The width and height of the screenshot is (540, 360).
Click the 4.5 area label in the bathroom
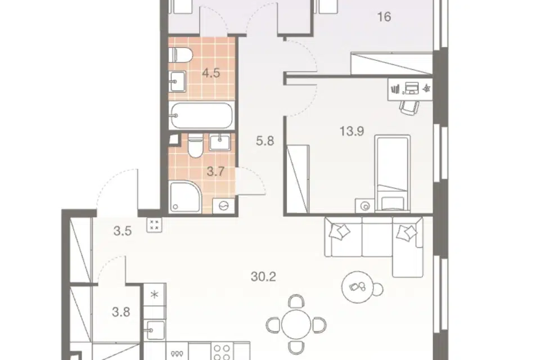point(211,73)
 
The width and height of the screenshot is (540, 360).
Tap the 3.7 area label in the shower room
point(215,171)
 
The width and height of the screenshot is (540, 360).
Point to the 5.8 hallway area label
point(265,141)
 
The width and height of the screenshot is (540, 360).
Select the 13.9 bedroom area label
point(352,131)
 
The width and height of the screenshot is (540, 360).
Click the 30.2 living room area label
point(263,276)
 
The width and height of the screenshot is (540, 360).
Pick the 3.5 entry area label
point(123,231)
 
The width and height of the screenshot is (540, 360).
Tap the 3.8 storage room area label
point(121,312)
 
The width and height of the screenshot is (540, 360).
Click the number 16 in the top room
point(384,16)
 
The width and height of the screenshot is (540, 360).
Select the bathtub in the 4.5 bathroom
point(201,115)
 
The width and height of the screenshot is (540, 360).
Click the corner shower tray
point(185,196)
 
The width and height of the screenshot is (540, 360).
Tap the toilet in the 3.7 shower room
point(196,146)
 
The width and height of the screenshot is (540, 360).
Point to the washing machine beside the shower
point(224,206)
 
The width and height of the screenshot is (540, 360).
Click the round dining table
point(296,324)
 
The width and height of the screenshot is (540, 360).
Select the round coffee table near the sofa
point(358,287)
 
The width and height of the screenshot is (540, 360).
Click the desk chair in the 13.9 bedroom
point(409,108)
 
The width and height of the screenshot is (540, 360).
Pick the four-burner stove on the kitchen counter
point(222,352)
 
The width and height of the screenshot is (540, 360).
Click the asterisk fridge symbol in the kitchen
point(155,295)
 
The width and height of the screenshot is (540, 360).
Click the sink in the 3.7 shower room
point(220,142)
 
